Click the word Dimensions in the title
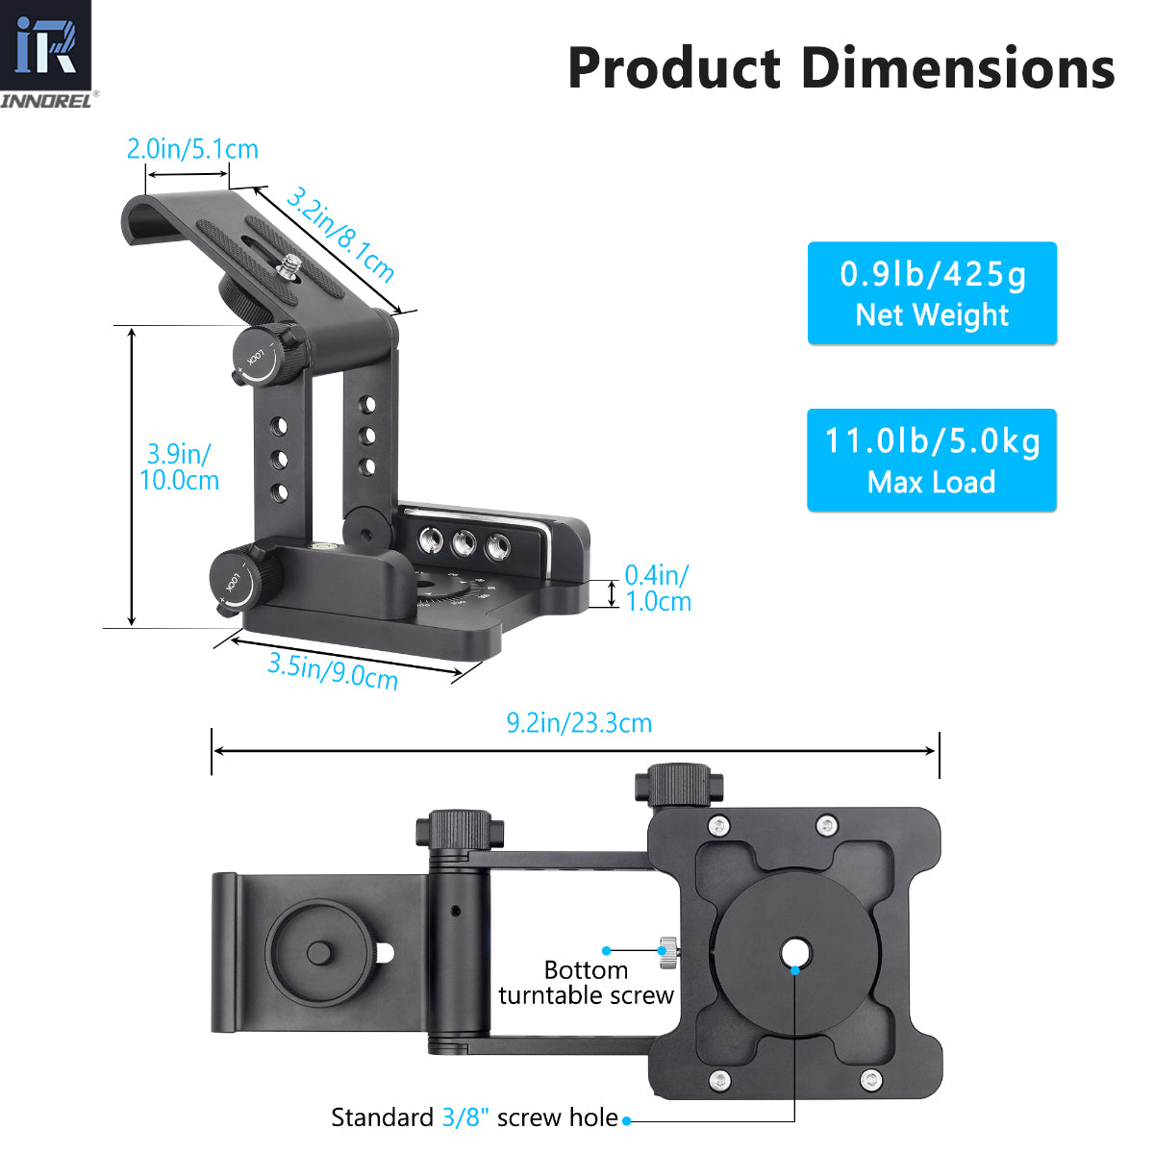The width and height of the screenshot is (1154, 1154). coord(958,69)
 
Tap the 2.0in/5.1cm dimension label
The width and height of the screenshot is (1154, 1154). coord(192,149)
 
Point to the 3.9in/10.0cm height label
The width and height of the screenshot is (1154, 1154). coord(179,466)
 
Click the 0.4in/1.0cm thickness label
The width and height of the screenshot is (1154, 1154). coord(658,589)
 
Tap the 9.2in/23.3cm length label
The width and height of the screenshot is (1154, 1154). coord(579,723)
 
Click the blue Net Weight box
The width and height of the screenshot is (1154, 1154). coord(932,293)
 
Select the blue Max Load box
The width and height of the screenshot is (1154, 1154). coord(932,461)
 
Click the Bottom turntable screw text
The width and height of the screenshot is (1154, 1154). coord(586,982)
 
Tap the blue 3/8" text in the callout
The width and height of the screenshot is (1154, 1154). coord(465,1117)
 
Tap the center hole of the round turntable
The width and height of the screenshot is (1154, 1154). coord(795,954)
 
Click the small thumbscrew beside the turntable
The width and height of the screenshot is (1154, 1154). coord(665,952)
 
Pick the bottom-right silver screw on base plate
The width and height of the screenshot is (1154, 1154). coord(869,1079)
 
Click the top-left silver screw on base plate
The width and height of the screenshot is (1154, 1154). coord(717,825)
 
